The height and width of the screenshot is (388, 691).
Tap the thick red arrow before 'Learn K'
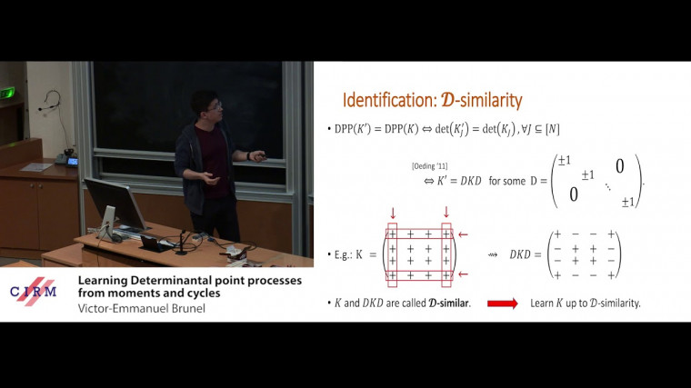pyautogui.click(x=503, y=303)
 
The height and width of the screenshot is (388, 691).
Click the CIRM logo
pyautogui.click(x=33, y=291)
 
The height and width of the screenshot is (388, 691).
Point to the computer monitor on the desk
pyautogui.click(x=115, y=204)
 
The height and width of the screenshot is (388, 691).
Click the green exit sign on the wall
pyautogui.click(x=8, y=92)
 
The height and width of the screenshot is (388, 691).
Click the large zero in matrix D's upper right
pyautogui.click(x=618, y=165)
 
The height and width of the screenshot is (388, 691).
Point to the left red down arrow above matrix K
pyautogui.click(x=393, y=214)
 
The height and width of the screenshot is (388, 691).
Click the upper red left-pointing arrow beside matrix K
pyautogui.click(x=464, y=234)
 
